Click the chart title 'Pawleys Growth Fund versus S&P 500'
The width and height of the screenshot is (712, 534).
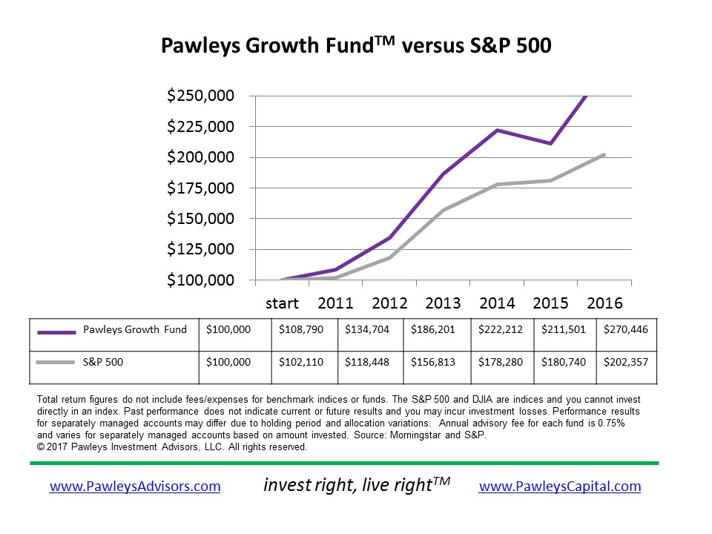(356, 45)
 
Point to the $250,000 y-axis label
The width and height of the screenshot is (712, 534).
(200, 96)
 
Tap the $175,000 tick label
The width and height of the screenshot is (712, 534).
(200, 188)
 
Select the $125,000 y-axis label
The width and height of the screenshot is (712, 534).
(200, 249)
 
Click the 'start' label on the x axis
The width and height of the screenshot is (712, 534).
(282, 303)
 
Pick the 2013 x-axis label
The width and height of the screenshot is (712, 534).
(443, 303)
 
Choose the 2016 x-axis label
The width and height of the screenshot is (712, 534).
(604, 303)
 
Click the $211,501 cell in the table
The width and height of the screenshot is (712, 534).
(564, 329)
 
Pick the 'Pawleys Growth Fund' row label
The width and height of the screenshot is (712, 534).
(134, 329)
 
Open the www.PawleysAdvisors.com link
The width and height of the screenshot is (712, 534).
(135, 487)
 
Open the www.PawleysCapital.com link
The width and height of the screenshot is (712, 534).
(560, 487)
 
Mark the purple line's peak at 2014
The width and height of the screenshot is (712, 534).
(496, 131)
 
